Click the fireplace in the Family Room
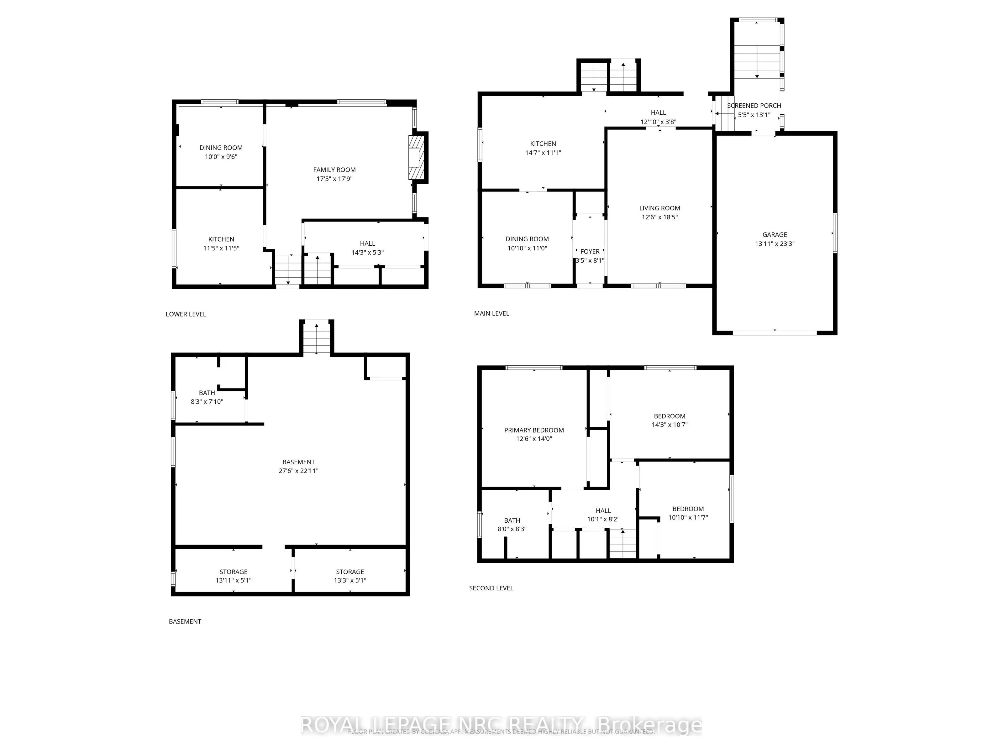[416, 158]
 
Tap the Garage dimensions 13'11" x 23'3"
[775, 244]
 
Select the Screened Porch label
[754, 106]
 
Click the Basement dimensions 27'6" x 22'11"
[298, 471]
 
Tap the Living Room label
[659, 208]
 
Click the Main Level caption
[491, 314]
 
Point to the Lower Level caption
[186, 314]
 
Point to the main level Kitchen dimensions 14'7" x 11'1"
[543, 153]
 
